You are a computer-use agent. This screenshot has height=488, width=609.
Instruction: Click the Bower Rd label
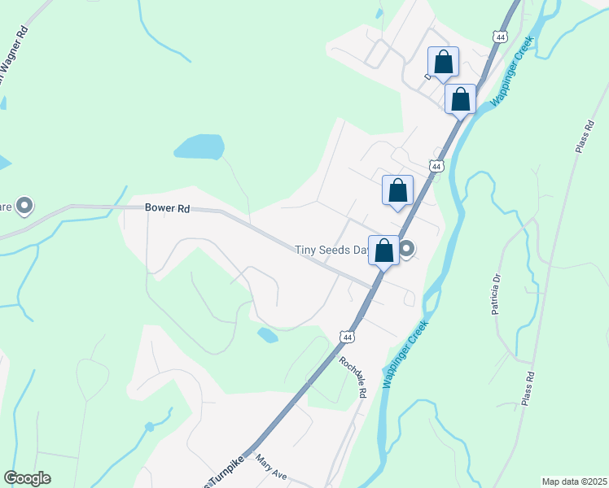pyautogui.click(x=167, y=208)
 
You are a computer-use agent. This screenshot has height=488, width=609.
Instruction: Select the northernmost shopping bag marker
pyautogui.click(x=443, y=62)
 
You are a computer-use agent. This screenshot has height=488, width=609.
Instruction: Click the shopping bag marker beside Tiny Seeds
pyautogui.click(x=384, y=251)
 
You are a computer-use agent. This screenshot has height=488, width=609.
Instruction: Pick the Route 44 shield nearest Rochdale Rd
pyautogui.click(x=347, y=337)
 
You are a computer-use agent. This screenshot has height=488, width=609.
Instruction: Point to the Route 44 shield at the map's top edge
pyautogui.click(x=499, y=37)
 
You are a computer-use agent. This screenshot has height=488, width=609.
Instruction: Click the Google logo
pyautogui.click(x=27, y=478)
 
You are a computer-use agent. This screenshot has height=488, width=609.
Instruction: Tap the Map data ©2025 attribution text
pyautogui.click(x=573, y=481)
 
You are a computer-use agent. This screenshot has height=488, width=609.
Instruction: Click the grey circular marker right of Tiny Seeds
pyautogui.click(x=406, y=249)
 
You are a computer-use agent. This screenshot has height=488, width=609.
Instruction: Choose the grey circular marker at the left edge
pyautogui.click(x=24, y=206)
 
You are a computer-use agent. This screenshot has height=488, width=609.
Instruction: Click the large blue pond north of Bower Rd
pyautogui.click(x=199, y=146)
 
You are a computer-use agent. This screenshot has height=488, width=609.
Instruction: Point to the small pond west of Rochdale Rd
pyautogui.click(x=267, y=334)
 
